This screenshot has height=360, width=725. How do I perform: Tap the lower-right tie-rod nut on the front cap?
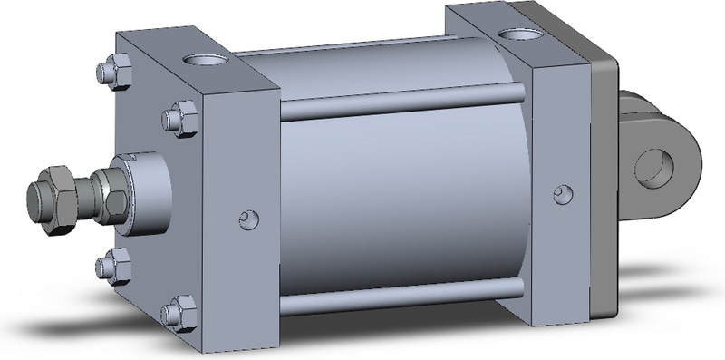(x=175, y=312)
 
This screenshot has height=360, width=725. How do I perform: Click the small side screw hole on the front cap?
(x=247, y=219)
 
